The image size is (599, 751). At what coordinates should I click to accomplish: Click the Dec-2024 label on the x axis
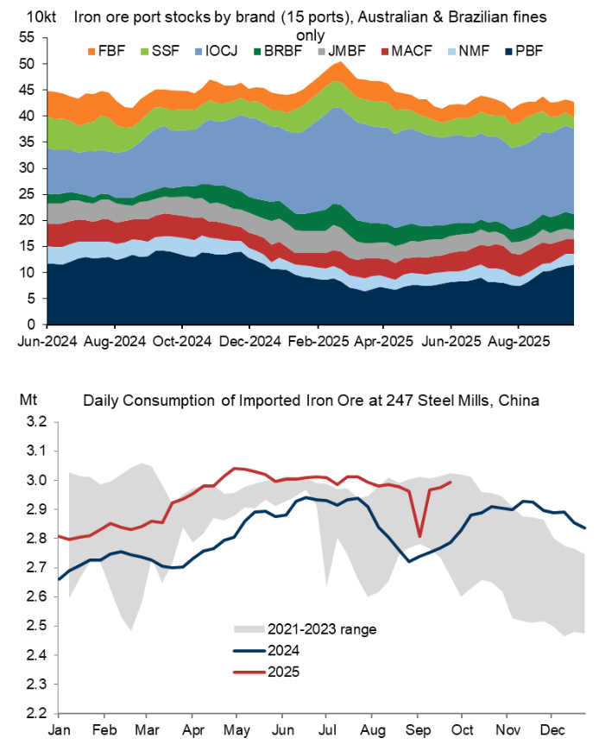(249, 341)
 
